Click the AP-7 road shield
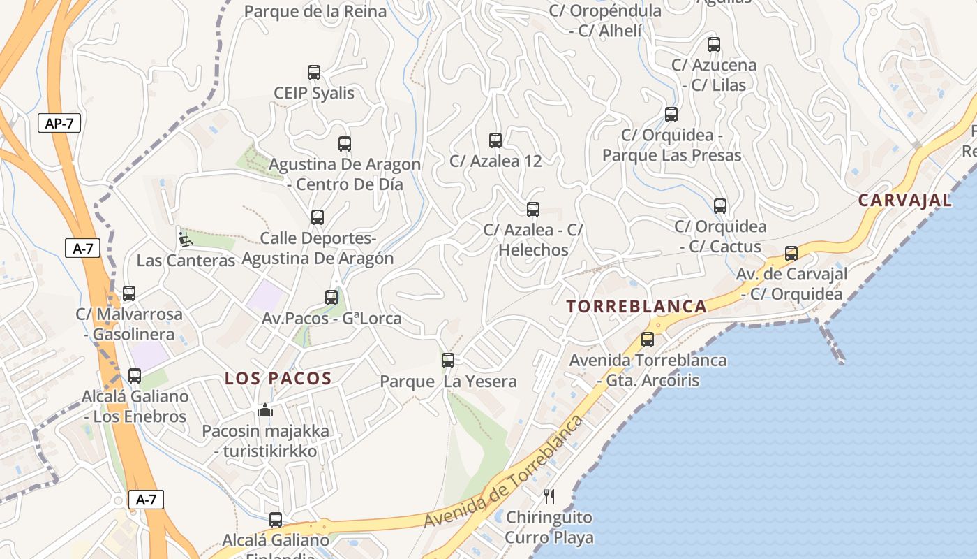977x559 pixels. pyautogui.click(x=59, y=124)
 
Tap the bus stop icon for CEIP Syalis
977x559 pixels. pyautogui.click(x=314, y=73)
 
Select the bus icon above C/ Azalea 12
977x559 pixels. pyautogui.click(x=495, y=140)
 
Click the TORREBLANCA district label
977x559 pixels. pyautogui.click(x=636, y=306)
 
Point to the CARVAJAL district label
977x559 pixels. pyautogui.click(x=904, y=201)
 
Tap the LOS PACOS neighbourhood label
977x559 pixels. pyautogui.click(x=278, y=379)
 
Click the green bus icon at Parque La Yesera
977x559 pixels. pyautogui.click(x=448, y=361)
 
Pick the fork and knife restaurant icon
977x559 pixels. pyautogui.click(x=549, y=497)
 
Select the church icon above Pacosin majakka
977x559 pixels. pyautogui.click(x=265, y=411)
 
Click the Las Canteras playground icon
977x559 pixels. pyautogui.click(x=184, y=239)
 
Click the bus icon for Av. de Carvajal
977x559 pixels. pyautogui.click(x=791, y=254)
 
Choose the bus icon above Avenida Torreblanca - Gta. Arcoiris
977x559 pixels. pyautogui.click(x=648, y=340)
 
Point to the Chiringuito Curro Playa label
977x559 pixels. pyautogui.click(x=549, y=528)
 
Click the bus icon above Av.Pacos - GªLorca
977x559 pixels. pyautogui.click(x=331, y=298)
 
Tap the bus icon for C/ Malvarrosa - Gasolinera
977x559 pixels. pyautogui.click(x=129, y=293)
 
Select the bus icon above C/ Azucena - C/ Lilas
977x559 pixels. pyautogui.click(x=713, y=45)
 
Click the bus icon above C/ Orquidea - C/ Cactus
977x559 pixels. pyautogui.click(x=720, y=206)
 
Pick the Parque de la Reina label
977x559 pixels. pyautogui.click(x=315, y=11)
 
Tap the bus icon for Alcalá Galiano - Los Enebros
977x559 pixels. pyautogui.click(x=135, y=376)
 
